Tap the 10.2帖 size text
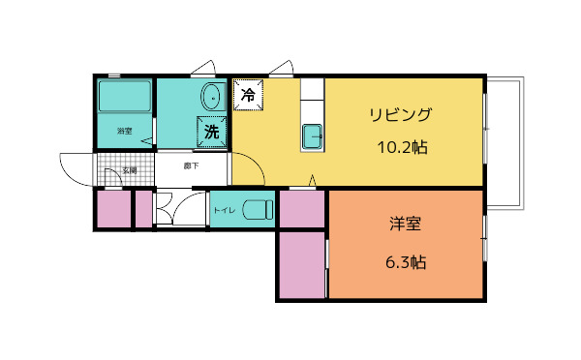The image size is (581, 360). coord(403,148)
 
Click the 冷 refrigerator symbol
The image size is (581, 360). coord(247,95)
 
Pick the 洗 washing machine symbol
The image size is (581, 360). coord(211,132)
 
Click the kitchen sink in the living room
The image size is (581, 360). coord(313,136)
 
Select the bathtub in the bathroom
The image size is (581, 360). coord(125,97)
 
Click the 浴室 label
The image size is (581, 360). coord(124,131)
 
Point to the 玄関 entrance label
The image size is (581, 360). coord(128,170)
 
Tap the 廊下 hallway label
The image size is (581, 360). coord(191,165)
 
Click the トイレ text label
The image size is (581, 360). coord(224,209)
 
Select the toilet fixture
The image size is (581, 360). coord(257,208)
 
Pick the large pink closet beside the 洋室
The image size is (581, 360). coord(302,263)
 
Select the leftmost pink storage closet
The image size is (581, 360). coord(112,210)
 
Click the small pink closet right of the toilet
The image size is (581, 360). coord(302,208)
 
